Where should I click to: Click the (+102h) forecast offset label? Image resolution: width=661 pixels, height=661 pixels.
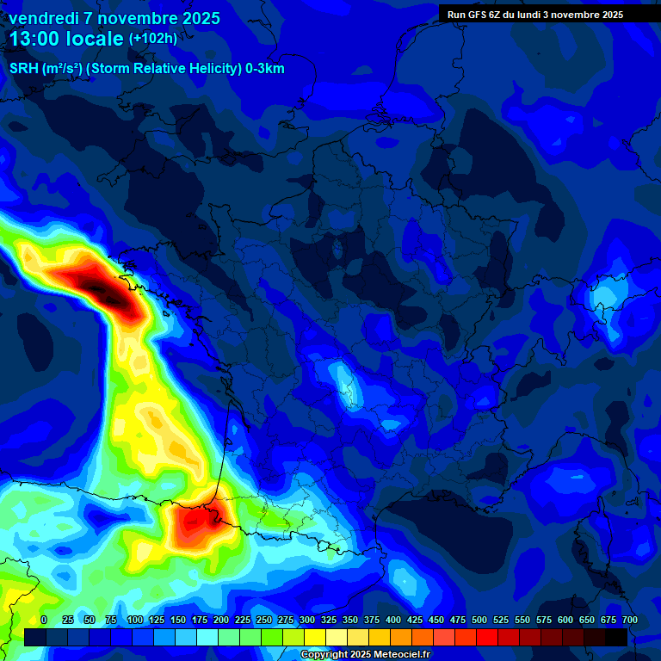point(152,39)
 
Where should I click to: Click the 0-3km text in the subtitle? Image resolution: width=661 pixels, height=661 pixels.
point(265,69)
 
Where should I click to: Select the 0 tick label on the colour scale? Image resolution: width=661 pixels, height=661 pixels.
point(44,620)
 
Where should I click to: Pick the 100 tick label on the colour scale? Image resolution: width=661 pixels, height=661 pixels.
point(134,620)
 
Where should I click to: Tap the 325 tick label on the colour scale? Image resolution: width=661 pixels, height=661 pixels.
point(329,620)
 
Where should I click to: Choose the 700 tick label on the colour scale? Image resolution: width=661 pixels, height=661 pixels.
point(629,620)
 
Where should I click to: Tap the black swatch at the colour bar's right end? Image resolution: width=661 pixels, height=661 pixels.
point(616,637)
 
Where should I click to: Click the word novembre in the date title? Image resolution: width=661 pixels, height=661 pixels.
point(133,18)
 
